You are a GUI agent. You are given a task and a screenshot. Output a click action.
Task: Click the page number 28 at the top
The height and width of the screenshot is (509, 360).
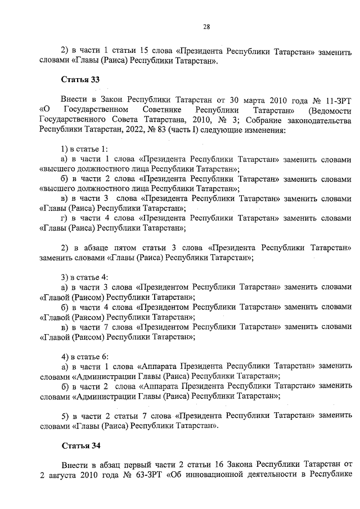pyautogui.click(x=206, y=27)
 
